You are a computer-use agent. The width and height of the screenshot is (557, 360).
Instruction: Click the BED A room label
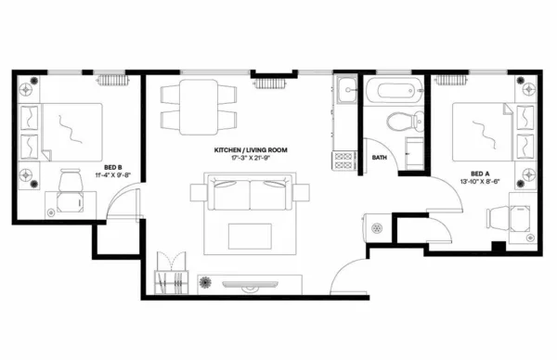480,173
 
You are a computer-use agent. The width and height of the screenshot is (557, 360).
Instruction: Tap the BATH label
380,158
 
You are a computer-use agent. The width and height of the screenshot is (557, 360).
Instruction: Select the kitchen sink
345,92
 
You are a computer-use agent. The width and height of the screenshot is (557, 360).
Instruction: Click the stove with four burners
344,159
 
